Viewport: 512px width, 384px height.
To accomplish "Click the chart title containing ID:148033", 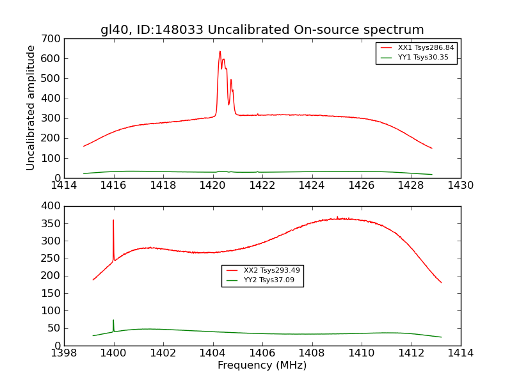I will click(x=262, y=30).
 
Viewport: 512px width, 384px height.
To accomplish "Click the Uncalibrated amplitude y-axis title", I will click(x=31, y=108).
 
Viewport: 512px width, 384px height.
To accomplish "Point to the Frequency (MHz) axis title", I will click(x=262, y=365).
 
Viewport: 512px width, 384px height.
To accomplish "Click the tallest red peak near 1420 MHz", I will click(x=220, y=52).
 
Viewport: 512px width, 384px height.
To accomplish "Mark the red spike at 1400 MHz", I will click(x=113, y=221).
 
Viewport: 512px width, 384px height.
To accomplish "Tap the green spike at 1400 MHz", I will click(x=113, y=321).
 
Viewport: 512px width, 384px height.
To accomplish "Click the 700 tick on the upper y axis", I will click(x=53, y=39).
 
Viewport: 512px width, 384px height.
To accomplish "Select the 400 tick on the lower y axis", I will click(x=53, y=206).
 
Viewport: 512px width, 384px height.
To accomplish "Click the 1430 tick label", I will click(x=460, y=186).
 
